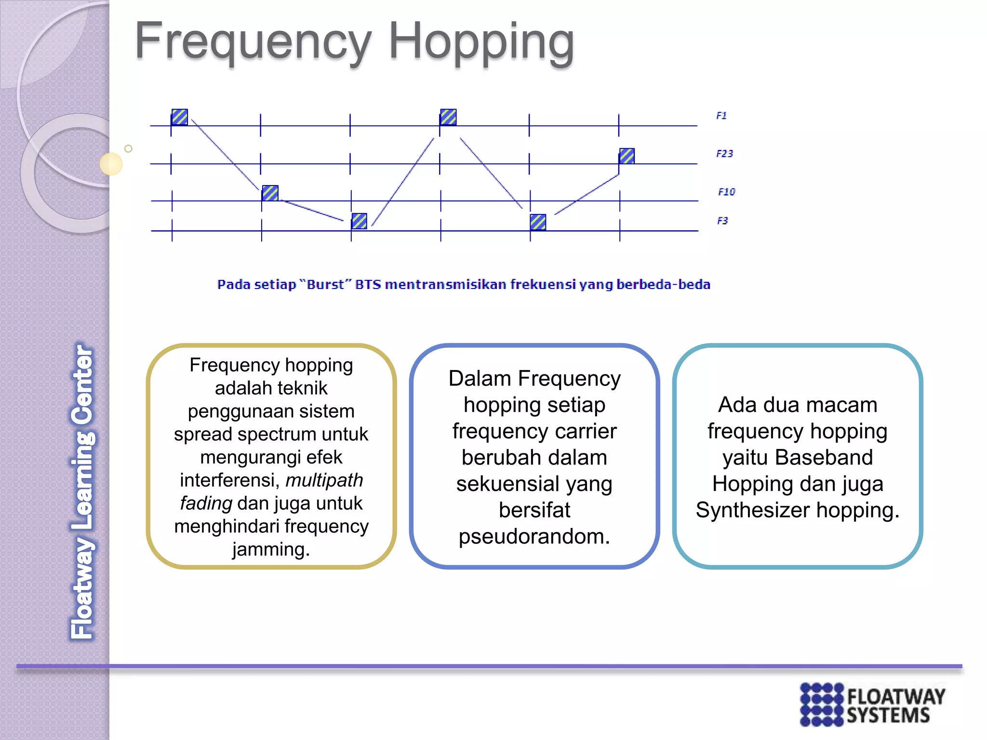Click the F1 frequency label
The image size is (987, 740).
click(721, 116)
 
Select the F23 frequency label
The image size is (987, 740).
click(724, 154)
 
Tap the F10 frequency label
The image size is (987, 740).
click(726, 192)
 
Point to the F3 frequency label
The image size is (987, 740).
click(722, 221)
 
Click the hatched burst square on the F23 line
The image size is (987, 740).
click(627, 156)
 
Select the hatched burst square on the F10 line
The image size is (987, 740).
click(270, 193)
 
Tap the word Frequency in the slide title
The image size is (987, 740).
click(253, 42)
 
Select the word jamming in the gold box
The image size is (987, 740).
click(271, 549)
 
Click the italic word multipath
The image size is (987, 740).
click(324, 480)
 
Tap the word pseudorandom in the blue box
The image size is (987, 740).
click(534, 536)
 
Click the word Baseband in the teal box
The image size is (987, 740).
click(824, 457)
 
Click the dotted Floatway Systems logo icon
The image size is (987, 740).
click(822, 704)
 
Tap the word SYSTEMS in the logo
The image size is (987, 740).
click(888, 715)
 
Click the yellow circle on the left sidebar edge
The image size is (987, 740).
click(111, 164)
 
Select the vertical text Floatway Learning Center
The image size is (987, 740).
click(83, 491)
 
